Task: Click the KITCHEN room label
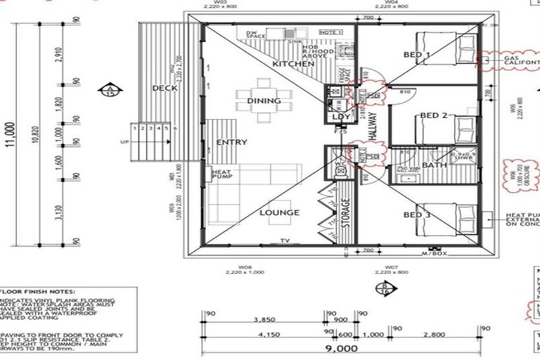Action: coord(293,64)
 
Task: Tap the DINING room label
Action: coord(264,101)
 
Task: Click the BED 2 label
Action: coord(434,115)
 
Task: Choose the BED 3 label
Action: coord(417,214)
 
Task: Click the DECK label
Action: coord(163,88)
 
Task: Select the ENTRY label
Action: coord(231,143)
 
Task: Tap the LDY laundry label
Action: coord(341,117)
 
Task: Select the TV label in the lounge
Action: coord(285,240)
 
